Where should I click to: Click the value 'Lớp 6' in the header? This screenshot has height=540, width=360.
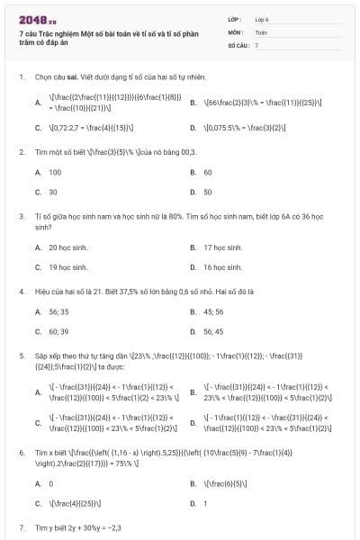[x=262, y=19]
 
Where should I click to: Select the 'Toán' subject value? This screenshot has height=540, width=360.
[x=261, y=31]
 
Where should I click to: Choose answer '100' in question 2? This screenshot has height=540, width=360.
[x=55, y=172]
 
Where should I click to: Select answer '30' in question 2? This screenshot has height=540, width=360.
[x=53, y=192]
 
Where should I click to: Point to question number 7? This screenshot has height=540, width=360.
[x=21, y=526]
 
